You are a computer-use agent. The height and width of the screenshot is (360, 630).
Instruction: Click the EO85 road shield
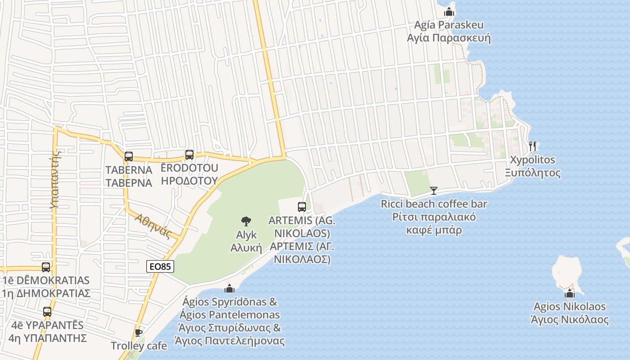pyautogui.click(x=160, y=266)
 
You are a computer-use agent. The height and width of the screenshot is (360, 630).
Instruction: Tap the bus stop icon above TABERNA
pyautogui.click(x=129, y=157)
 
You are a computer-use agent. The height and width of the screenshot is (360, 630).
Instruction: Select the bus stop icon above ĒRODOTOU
pyautogui.click(x=189, y=155)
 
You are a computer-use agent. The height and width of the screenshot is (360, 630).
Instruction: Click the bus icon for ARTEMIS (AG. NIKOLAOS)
pyautogui.click(x=301, y=207)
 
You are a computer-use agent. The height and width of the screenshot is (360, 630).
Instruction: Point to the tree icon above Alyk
pyautogui.click(x=246, y=221)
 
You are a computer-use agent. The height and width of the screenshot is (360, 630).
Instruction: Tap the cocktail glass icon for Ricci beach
pyautogui.click(x=433, y=191)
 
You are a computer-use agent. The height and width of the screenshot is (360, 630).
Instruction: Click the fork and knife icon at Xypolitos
pyautogui.click(x=533, y=146)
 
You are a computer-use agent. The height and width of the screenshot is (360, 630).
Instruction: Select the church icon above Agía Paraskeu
pyautogui.click(x=449, y=12)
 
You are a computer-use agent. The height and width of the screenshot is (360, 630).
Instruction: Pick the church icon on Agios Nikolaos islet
pyautogui.click(x=570, y=294)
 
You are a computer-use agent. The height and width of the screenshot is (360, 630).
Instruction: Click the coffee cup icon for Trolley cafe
pyautogui.click(x=138, y=333)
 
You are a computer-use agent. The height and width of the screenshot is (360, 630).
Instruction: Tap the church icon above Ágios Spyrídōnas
pyautogui.click(x=229, y=288)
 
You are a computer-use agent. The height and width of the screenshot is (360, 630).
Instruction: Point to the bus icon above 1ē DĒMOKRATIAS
pyautogui.click(x=46, y=267)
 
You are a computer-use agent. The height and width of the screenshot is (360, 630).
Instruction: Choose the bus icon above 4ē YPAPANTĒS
pyautogui.click(x=47, y=311)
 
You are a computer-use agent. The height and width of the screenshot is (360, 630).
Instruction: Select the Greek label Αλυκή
pyautogui.click(x=246, y=247)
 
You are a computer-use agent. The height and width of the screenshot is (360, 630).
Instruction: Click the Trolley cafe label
pyautogui.click(x=139, y=346)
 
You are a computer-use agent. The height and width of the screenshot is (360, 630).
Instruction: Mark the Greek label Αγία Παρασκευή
pyautogui.click(x=449, y=38)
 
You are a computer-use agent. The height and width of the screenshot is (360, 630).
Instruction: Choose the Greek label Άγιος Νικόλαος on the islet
pyautogui.click(x=570, y=320)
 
